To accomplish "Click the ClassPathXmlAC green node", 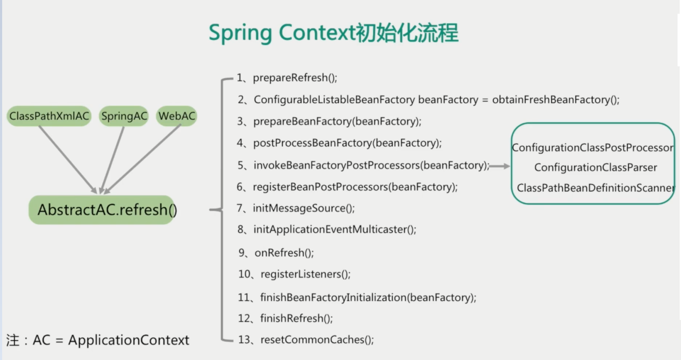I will tap(49, 116).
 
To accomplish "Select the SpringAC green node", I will tap(124, 116).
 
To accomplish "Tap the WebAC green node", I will tap(176, 116).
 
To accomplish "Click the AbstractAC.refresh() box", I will tap(103, 210).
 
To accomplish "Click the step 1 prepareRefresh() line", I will tap(294, 78).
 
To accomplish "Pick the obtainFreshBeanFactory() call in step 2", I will tap(555, 100).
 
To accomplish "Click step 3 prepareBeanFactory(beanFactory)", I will tap(337, 121).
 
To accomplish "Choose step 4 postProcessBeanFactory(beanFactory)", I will tap(347, 143).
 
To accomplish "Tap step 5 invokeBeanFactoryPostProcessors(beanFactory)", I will tap(371, 165).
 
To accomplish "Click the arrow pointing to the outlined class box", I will tap(500, 166).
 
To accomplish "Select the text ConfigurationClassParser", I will tap(595, 168).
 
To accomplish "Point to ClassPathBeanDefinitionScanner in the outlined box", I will tap(595, 188).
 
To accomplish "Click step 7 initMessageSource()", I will tap(303, 208).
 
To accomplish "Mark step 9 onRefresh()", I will tap(284, 253).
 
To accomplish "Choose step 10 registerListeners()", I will tap(305, 274).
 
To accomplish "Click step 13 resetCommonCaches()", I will tap(317, 340).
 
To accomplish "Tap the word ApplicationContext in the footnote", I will tap(129, 340).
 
